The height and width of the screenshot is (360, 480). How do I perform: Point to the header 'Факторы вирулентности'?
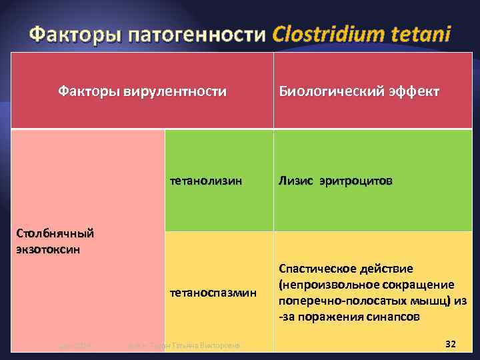142,91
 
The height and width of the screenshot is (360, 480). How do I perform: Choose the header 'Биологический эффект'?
359,91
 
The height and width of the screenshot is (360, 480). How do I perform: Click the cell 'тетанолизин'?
206,181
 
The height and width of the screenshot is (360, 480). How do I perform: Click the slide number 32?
450,343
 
